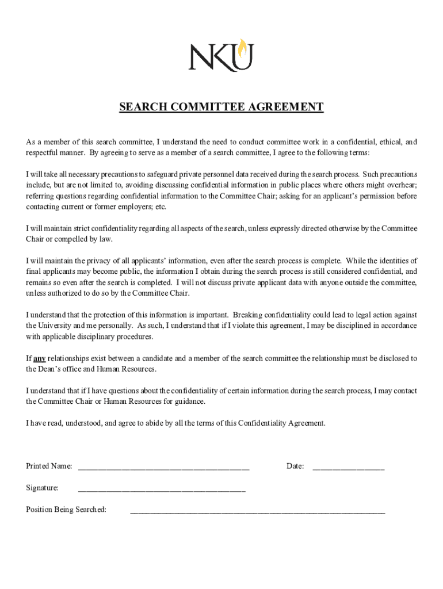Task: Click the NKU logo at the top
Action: click(221, 55)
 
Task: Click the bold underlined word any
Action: click(40, 358)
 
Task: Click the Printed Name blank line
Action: click(163, 467)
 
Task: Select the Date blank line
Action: click(348, 467)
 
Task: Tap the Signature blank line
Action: click(162, 489)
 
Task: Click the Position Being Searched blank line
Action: click(258, 510)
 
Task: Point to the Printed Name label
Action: click(49, 466)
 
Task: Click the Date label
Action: click(295, 466)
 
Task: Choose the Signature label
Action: click(42, 488)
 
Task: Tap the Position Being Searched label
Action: click(66, 510)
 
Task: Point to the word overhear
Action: click(402, 185)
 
